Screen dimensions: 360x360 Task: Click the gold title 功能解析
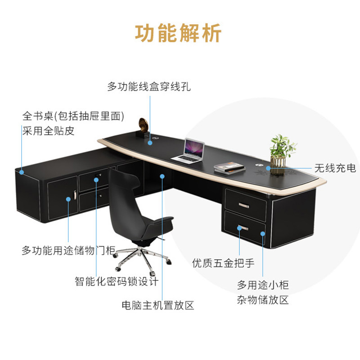(179, 34)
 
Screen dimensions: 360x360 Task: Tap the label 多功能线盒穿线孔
(149, 87)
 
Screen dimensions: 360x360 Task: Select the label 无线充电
(335, 168)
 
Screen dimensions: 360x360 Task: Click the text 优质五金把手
(223, 263)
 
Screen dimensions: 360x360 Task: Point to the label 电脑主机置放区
(158, 306)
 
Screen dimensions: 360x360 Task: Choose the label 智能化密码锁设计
(117, 282)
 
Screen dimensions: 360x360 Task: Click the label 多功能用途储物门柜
(69, 251)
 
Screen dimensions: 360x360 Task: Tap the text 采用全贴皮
(49, 131)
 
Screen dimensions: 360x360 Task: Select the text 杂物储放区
(263, 300)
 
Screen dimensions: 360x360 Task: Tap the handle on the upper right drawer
(244, 205)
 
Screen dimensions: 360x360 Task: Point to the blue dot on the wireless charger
(268, 168)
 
